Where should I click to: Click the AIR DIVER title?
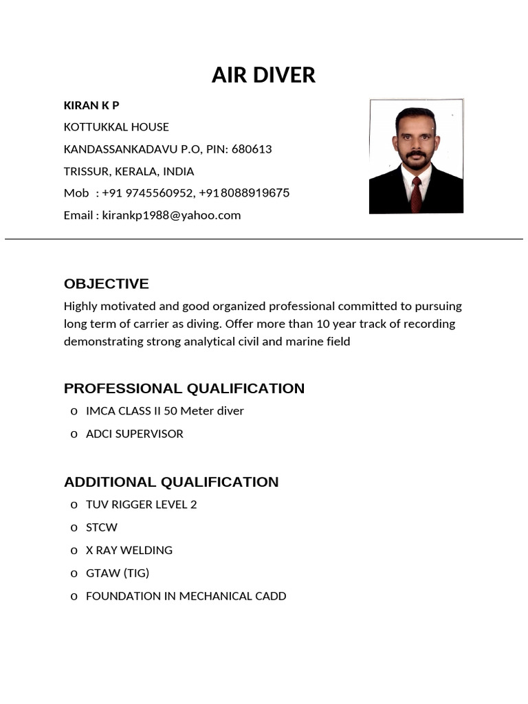263,75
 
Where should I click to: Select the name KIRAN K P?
91,105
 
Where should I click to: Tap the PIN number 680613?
252,149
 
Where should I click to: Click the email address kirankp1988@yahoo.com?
171,215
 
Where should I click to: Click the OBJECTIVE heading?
106,284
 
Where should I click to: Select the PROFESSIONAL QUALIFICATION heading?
184,388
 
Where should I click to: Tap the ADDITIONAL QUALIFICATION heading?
171,482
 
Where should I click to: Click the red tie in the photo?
416,195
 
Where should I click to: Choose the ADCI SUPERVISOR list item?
134,434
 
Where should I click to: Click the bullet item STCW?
101,527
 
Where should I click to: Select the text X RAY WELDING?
129,550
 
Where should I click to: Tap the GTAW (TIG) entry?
117,573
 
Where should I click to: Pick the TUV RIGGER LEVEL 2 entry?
141,504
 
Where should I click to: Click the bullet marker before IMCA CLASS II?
74,411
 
